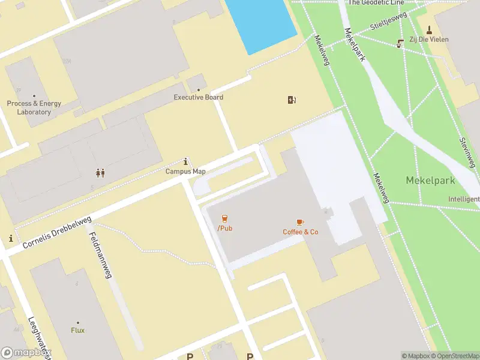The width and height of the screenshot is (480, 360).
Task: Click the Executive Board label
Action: click(x=198, y=97)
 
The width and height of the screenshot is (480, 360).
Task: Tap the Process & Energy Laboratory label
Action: click(x=34, y=107)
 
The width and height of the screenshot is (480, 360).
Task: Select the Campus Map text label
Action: click(x=186, y=171)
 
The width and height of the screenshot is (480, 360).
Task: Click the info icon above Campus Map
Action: click(x=186, y=161)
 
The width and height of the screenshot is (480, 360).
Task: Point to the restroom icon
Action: click(x=100, y=173)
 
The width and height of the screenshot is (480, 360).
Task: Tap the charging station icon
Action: click(x=292, y=100)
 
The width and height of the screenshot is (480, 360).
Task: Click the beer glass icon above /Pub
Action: click(x=225, y=218)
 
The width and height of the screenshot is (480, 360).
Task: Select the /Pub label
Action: click(x=225, y=229)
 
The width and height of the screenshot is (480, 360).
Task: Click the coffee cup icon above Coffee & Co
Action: click(x=300, y=223)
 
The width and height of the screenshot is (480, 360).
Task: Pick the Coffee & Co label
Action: click(x=300, y=232)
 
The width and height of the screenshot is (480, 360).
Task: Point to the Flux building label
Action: click(x=78, y=330)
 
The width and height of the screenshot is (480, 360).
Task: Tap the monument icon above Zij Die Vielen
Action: click(x=429, y=29)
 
